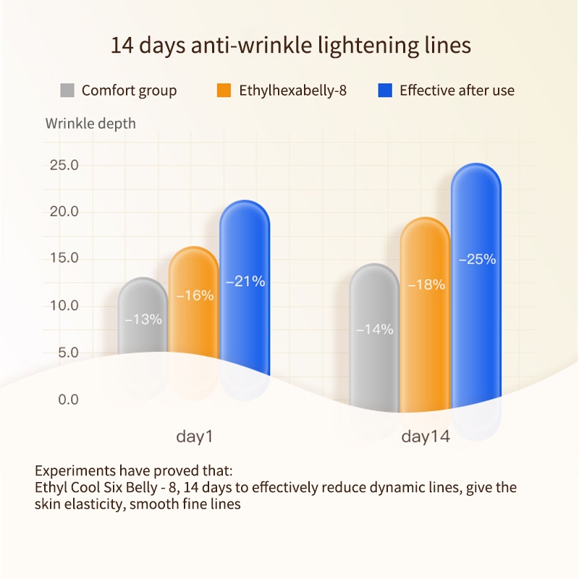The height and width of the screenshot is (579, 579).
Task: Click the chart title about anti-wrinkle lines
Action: [290, 46]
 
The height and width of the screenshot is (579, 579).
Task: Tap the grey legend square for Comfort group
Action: [67, 90]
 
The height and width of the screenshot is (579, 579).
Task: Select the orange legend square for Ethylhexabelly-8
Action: [224, 90]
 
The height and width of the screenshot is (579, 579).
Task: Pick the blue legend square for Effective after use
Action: [385, 90]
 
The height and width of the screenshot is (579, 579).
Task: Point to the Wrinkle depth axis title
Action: [90, 123]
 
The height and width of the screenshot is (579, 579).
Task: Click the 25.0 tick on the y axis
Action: [64, 165]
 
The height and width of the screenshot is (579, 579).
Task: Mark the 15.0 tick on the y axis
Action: [64, 258]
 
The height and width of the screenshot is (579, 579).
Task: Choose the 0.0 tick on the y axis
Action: [64, 400]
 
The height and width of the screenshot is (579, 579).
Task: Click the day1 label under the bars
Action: [194, 437]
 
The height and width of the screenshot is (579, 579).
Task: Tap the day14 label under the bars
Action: [426, 437]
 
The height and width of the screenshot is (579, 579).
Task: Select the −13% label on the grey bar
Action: [143, 318]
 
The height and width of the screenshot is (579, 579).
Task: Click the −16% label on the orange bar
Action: [195, 295]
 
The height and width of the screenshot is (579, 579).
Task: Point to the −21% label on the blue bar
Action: [245, 282]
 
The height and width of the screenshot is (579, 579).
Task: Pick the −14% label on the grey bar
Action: [374, 329]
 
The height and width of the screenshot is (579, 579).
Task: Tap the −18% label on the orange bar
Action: [426, 285]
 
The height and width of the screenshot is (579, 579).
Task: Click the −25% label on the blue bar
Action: [476, 259]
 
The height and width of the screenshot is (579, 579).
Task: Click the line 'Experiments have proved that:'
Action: [133, 470]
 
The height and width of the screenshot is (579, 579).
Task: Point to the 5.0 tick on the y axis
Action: [64, 352]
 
